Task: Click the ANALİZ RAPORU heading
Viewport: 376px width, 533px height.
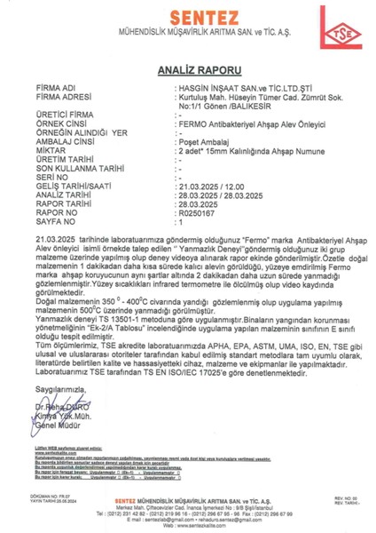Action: (x=188, y=68)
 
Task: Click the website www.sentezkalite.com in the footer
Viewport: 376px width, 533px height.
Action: (x=188, y=524)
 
